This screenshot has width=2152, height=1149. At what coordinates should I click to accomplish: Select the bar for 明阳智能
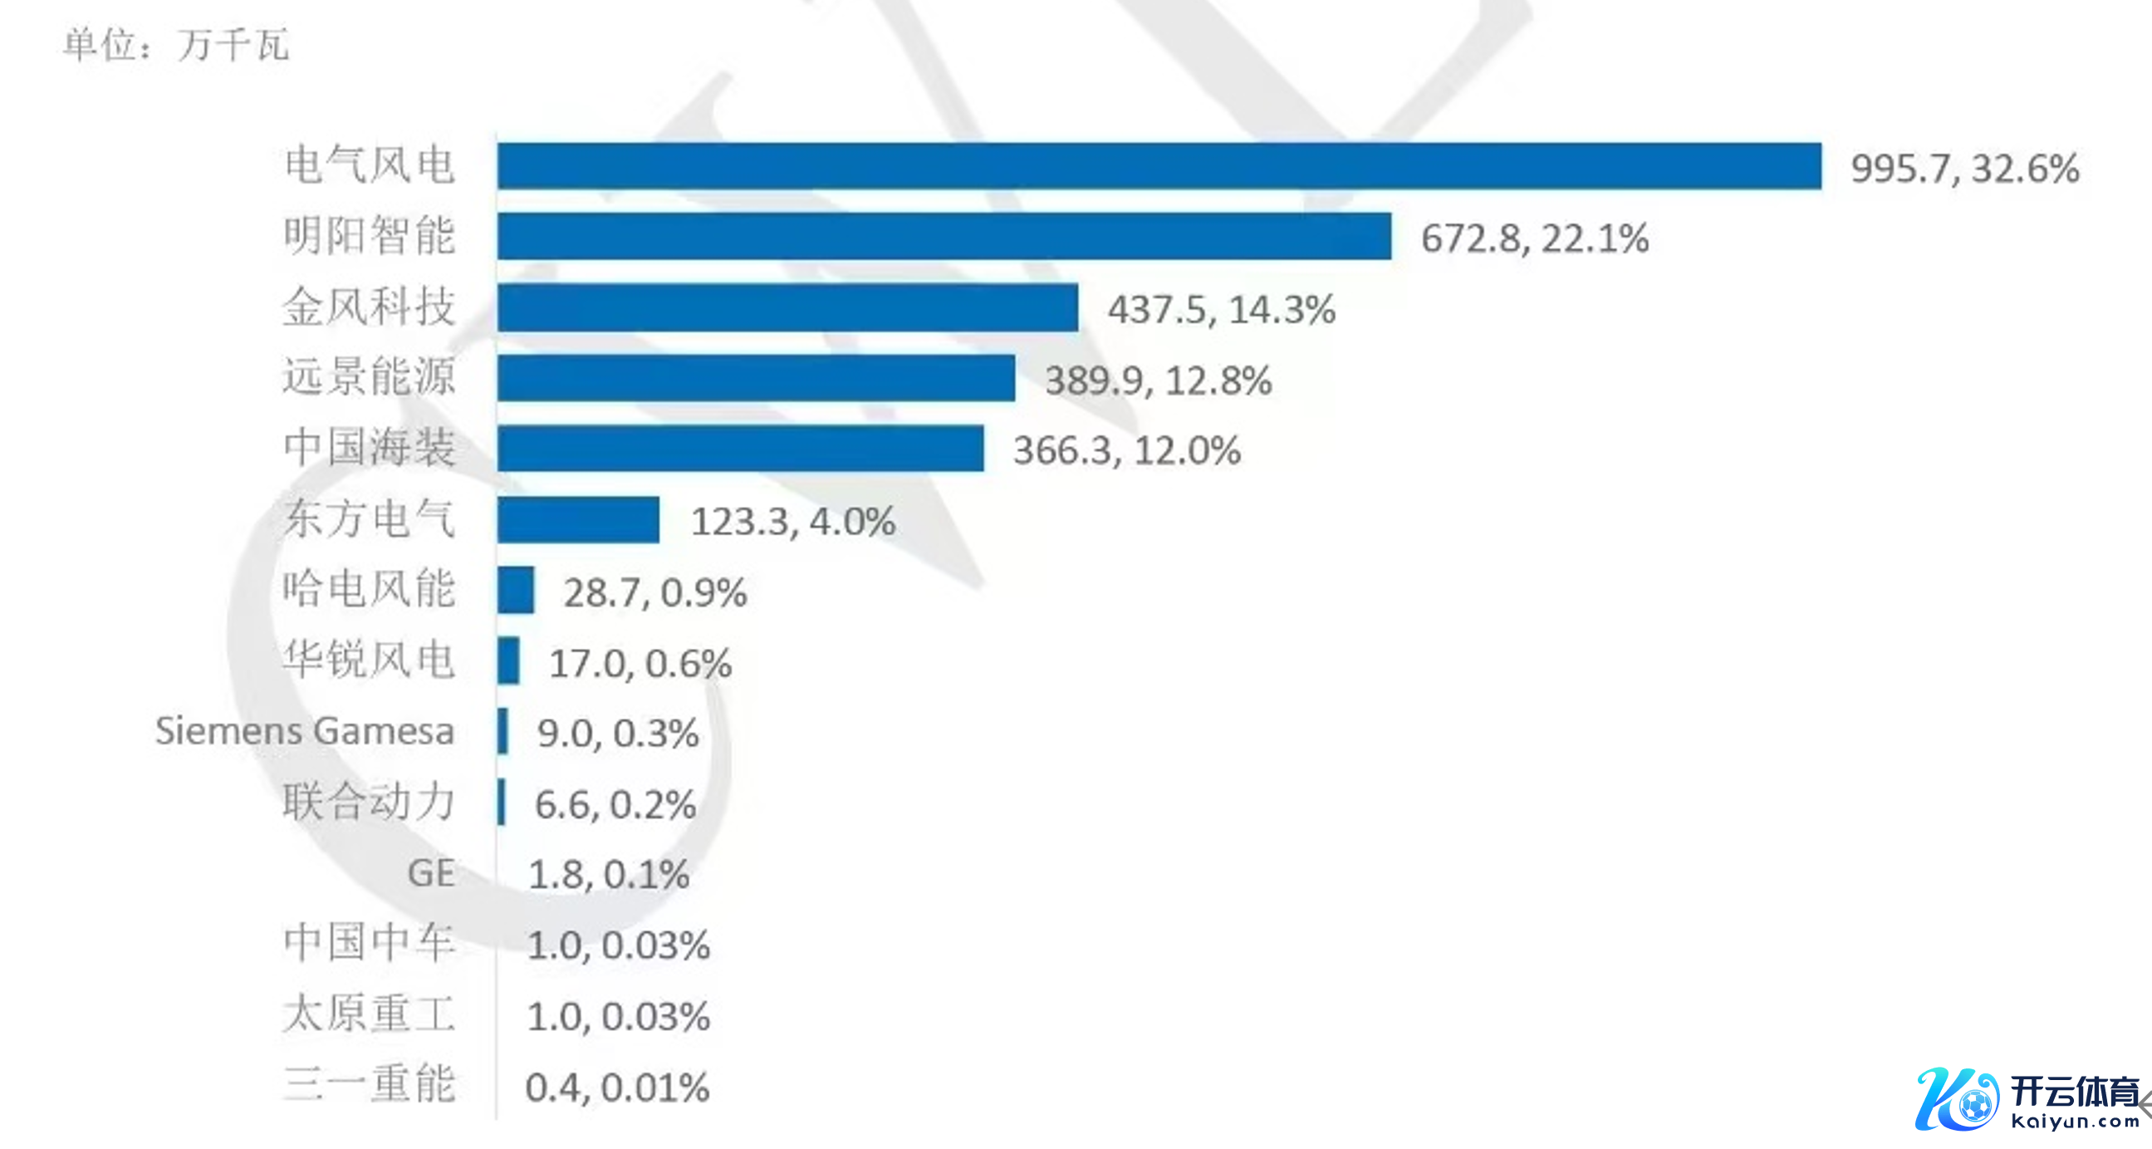click(944, 237)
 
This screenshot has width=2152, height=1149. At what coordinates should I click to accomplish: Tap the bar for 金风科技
click(787, 307)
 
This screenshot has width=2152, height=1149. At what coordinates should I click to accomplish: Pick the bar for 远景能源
click(756, 379)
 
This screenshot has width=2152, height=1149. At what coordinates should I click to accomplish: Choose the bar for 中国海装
click(740, 449)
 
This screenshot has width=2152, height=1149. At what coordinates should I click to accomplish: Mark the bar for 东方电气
click(578, 520)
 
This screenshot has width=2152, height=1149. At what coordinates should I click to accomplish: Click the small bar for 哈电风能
click(516, 590)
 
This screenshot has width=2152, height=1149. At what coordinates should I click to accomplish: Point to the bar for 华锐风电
click(508, 661)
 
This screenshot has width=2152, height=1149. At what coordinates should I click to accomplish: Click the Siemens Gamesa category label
click(305, 731)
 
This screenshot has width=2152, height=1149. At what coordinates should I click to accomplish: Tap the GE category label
click(431, 873)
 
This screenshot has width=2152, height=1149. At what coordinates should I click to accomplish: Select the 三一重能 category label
click(370, 1084)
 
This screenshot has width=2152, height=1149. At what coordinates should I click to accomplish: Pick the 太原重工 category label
click(370, 1014)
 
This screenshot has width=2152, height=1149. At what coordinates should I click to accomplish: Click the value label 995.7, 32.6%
click(1965, 169)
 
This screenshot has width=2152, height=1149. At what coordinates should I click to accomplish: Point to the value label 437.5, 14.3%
click(1222, 310)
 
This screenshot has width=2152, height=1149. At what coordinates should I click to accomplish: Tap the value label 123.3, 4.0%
click(793, 523)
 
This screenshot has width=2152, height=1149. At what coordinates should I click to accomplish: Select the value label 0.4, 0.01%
click(617, 1088)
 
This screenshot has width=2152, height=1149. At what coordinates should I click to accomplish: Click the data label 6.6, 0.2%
click(615, 805)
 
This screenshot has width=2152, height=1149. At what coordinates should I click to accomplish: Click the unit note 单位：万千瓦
click(176, 45)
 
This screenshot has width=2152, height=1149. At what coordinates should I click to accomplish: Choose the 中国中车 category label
click(370, 943)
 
